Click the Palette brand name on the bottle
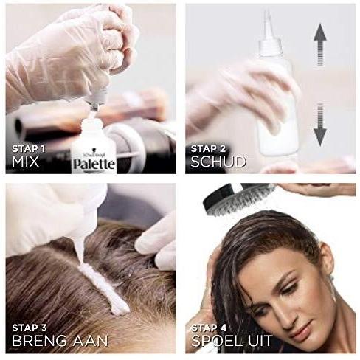tap(93, 163)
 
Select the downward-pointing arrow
tap(320, 124)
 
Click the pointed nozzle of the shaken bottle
tap(266, 22)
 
